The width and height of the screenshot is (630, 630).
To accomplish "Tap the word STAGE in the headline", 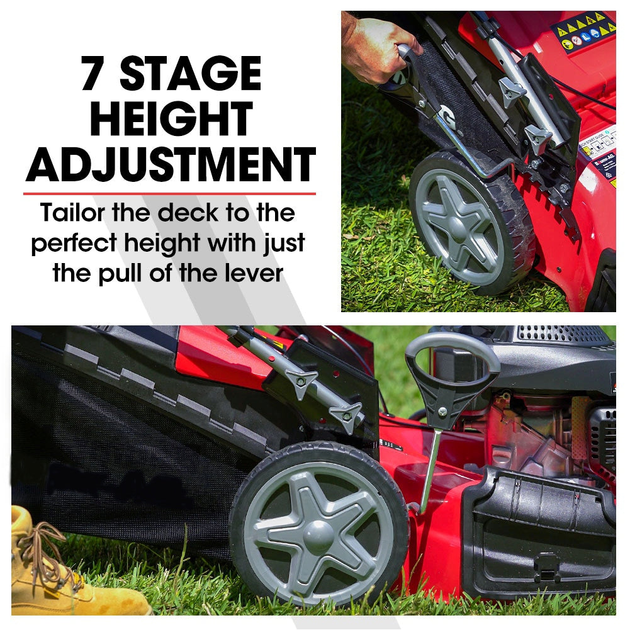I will click(x=190, y=74).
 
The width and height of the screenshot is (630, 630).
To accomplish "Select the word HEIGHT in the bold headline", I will click(x=171, y=119).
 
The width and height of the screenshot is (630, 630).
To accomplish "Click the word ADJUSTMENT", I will click(x=171, y=164).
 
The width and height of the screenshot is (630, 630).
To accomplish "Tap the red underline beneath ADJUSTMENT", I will click(x=170, y=193).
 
